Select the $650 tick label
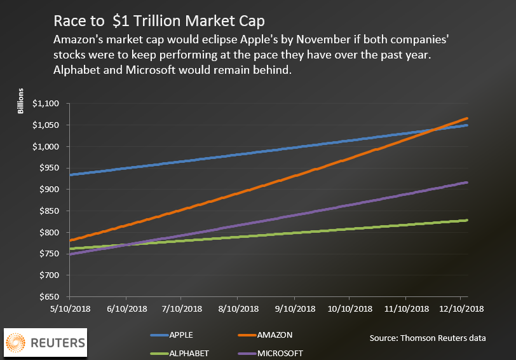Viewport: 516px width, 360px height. (50, 297)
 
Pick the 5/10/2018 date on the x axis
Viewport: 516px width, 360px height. (69, 308)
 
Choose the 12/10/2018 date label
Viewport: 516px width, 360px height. (461, 308)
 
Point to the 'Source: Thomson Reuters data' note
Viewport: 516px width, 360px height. (428, 338)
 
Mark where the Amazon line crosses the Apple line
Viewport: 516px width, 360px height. (434, 130)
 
